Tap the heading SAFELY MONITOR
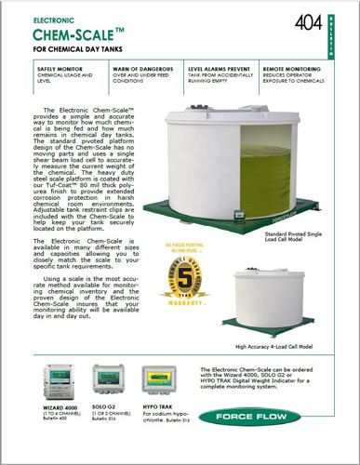(x=61, y=69)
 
